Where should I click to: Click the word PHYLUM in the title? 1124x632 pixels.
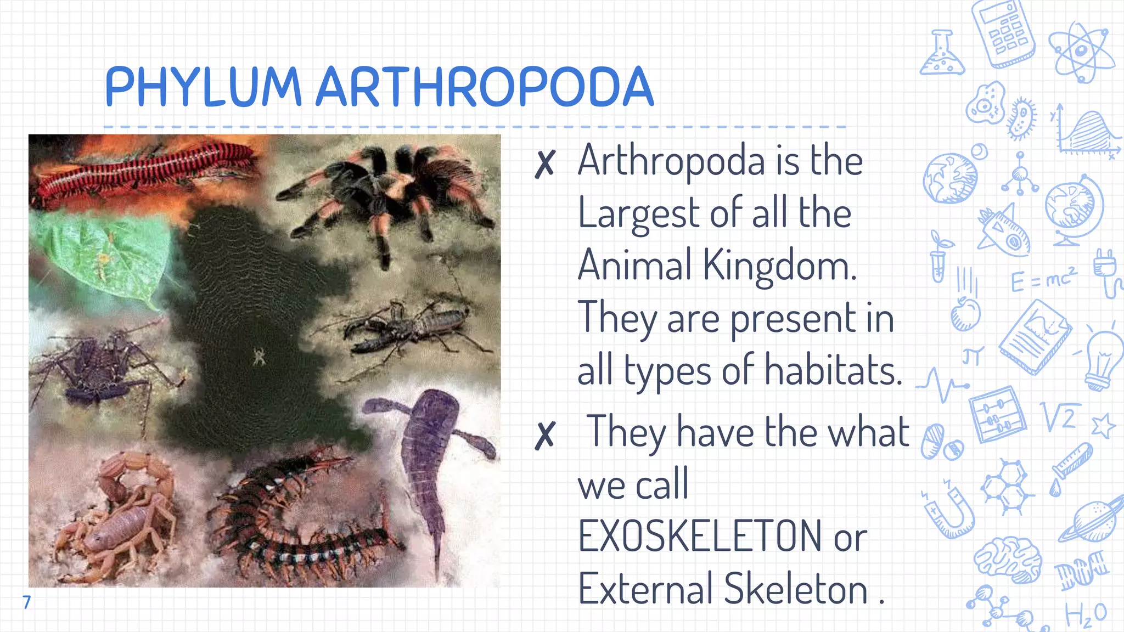pos(203,86)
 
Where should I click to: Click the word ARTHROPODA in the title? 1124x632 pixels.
pos(485,86)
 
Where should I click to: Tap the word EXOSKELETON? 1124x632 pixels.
pos(700,536)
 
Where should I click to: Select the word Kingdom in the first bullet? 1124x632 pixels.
pos(779,266)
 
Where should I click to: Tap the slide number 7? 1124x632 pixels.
pos(26,602)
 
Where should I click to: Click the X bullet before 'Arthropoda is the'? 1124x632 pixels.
pos(545,163)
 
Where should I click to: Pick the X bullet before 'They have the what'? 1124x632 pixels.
pos(545,435)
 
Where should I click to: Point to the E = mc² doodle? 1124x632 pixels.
pos(1043,280)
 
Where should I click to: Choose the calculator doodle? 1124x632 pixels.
pos(1003,33)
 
